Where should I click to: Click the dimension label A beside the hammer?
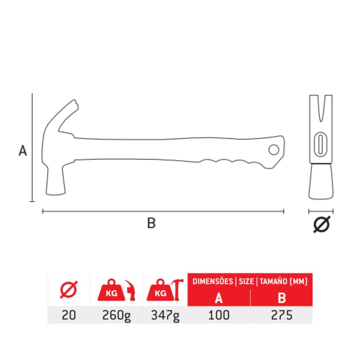point(22,151)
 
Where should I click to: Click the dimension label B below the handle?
point(151,223)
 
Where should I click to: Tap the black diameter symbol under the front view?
point(321,224)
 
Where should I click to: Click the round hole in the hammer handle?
point(274,150)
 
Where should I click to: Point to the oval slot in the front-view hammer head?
point(320,144)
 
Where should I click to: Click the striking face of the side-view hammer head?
point(55,194)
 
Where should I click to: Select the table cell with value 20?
point(69,315)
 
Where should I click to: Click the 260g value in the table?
point(116,315)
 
